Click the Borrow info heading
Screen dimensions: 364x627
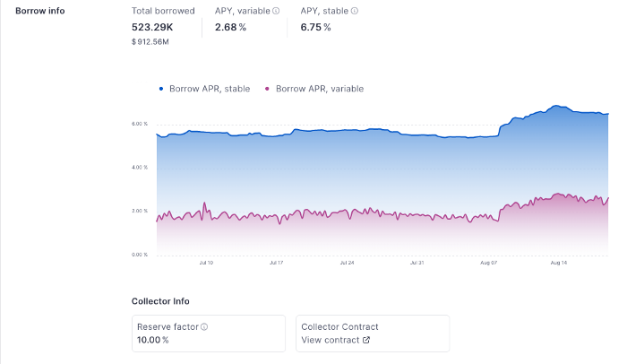[39, 11]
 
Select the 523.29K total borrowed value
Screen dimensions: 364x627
[152, 27]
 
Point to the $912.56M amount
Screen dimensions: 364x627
[151, 41]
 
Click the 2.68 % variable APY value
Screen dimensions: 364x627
[230, 27]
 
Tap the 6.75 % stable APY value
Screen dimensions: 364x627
[315, 27]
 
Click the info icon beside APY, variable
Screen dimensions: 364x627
[276, 11]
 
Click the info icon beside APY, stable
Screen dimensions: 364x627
[355, 11]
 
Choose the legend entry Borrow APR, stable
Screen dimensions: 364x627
[204, 89]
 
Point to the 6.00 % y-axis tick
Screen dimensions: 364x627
[139, 124]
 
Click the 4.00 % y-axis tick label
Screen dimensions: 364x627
[139, 168]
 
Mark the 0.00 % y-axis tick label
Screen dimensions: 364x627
[139, 255]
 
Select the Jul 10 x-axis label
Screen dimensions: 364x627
[205, 263]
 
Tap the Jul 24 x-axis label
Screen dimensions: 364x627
[346, 263]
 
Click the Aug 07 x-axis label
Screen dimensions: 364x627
[488, 263]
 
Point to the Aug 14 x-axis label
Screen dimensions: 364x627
[558, 263]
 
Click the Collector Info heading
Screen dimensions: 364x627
[160, 301]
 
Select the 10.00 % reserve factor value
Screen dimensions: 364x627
[152, 340]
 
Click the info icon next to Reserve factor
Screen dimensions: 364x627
[204, 327]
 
